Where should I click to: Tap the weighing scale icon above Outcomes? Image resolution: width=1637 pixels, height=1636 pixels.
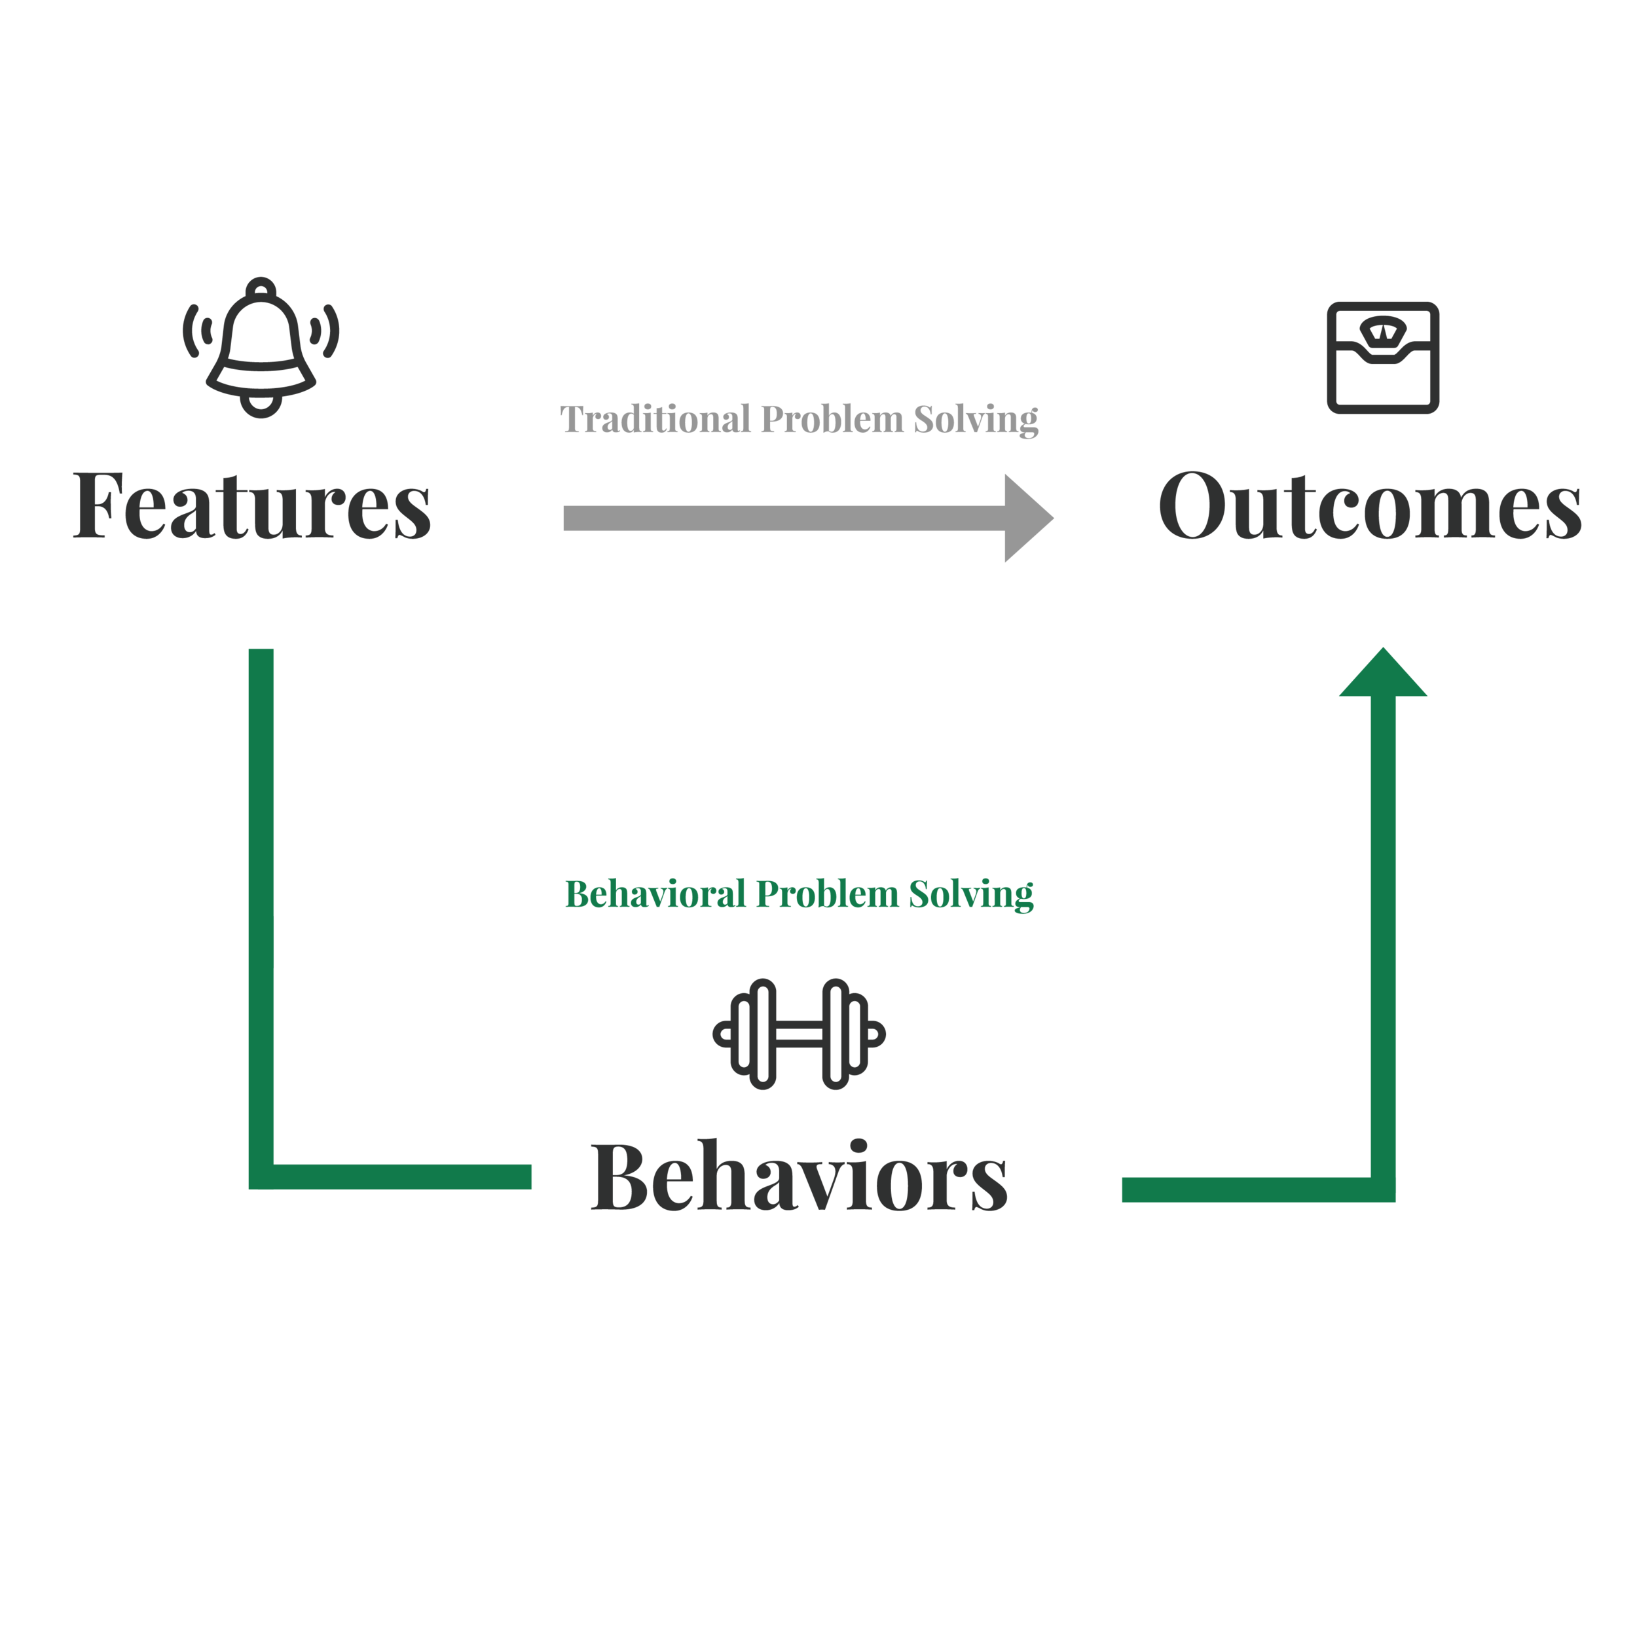tap(1383, 357)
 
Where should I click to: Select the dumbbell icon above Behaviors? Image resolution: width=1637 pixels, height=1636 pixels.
tap(799, 1034)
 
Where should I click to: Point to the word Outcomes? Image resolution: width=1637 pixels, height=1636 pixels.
tap(1369, 506)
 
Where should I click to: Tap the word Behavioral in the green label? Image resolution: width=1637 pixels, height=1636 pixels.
tap(655, 894)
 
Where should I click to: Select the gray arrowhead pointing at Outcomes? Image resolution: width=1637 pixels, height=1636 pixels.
tap(1027, 518)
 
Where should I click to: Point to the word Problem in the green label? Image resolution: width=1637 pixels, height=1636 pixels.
tap(827, 894)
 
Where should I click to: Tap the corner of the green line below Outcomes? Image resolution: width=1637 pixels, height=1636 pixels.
tap(1383, 1189)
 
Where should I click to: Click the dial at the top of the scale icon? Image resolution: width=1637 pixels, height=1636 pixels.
tap(1383, 329)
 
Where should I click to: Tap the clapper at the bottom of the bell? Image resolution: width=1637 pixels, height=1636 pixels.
tap(261, 407)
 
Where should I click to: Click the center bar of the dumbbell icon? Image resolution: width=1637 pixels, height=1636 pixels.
tap(799, 1034)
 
